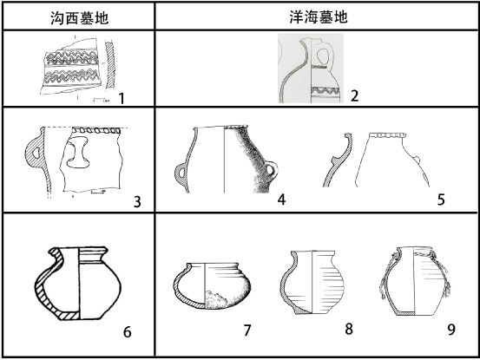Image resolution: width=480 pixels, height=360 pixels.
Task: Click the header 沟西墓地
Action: pos(79,17)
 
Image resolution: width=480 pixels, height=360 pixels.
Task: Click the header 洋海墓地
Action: pos(319,16)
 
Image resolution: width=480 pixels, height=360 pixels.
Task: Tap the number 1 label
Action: pos(122,99)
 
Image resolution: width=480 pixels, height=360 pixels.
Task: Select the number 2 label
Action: pos(354,96)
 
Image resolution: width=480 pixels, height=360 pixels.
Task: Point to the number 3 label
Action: pos(137,202)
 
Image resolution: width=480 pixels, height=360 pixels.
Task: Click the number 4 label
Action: pos(281,200)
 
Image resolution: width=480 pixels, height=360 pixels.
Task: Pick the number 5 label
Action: pos(441,200)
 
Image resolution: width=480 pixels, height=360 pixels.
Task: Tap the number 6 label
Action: pos(127,332)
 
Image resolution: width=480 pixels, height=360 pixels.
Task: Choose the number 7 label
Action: pos(247,331)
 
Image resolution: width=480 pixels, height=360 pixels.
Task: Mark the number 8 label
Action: pos(349,329)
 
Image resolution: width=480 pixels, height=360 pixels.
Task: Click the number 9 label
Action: pos(451,330)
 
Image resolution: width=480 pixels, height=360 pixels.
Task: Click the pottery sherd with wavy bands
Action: pos(72,67)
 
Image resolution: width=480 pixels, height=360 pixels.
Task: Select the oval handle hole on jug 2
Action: pos(323,56)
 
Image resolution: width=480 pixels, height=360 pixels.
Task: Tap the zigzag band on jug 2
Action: pos(325,91)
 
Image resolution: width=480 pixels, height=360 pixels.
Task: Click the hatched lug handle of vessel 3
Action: pos(34,149)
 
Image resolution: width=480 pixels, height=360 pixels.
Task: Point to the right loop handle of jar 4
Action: pos(272,171)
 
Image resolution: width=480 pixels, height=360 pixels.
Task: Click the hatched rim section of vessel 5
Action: pos(338,160)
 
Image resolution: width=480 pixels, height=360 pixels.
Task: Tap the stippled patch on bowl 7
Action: pos(217,299)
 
